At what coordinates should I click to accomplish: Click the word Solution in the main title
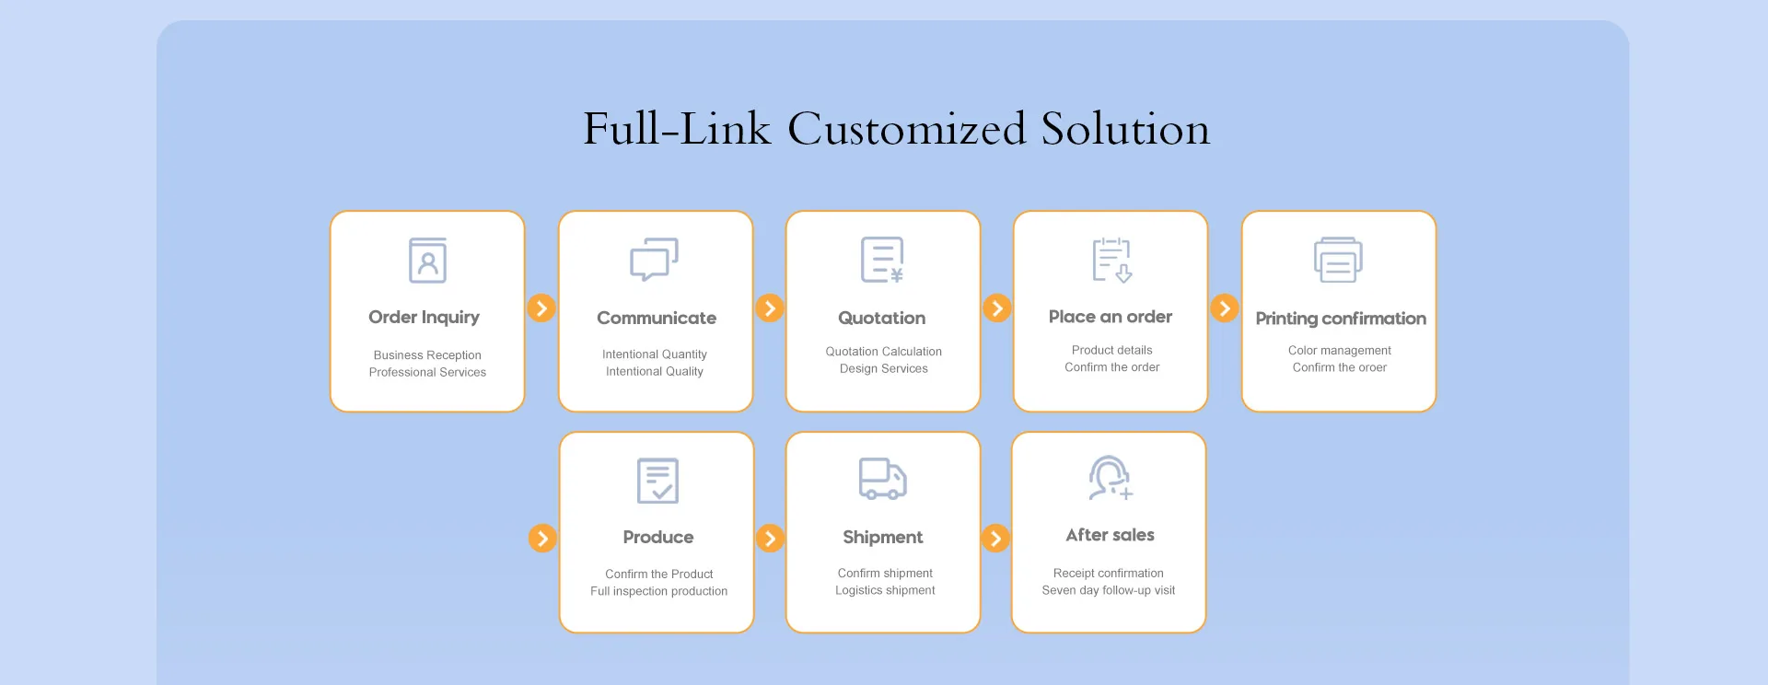[1125, 129]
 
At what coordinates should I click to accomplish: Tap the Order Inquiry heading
[424, 317]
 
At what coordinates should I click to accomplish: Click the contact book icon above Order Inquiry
[427, 261]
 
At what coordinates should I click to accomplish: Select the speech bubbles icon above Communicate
[654, 260]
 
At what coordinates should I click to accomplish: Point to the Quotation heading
[881, 318]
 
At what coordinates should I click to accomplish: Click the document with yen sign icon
[882, 260]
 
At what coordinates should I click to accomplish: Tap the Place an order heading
[1110, 317]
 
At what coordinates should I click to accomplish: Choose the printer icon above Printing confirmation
[1338, 260]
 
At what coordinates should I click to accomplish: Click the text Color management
[1339, 350]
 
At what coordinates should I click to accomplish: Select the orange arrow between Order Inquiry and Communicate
[541, 308]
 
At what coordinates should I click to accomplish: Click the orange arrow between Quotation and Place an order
[996, 308]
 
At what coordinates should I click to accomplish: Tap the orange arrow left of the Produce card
[542, 538]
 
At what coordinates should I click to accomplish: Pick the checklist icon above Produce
[657, 481]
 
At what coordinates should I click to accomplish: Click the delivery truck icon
[882, 479]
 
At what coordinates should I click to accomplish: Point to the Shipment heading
[882, 537]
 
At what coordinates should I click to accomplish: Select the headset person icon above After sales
[1110, 478]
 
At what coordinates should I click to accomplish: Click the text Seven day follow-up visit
[1108, 590]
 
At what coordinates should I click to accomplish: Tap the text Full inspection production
[658, 591]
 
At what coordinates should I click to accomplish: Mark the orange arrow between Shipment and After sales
[995, 538]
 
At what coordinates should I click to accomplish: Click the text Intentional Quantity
[654, 354]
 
